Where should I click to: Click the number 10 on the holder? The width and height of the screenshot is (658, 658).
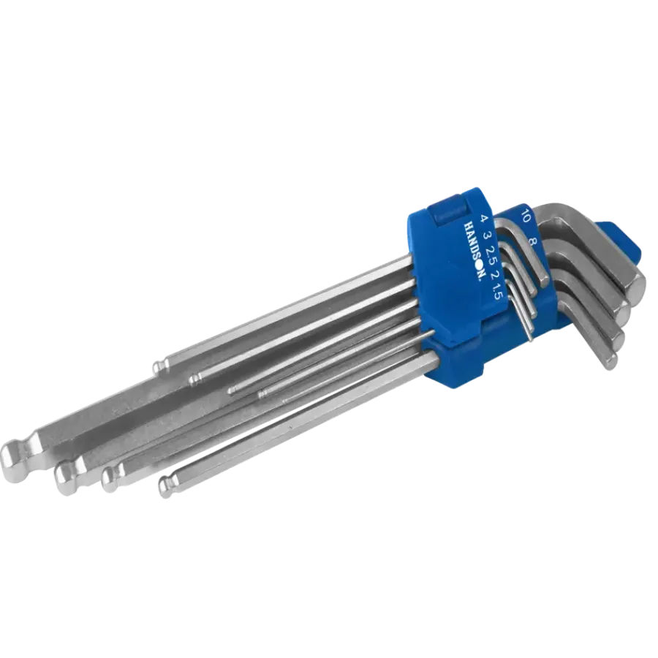[x=525, y=214]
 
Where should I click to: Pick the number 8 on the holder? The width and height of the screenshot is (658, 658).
[x=532, y=242]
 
